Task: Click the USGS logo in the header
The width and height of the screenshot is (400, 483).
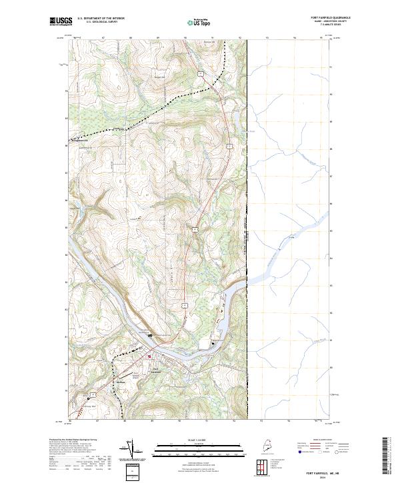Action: coord(61,22)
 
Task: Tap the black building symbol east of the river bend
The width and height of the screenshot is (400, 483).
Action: coord(213,343)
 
